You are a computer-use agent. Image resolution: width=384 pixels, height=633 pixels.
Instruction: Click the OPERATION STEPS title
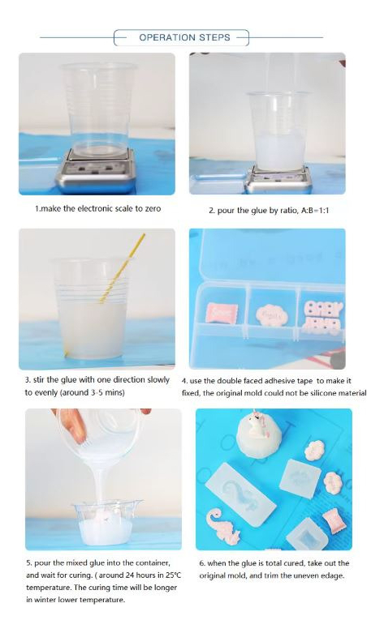pyautogui.click(x=184, y=37)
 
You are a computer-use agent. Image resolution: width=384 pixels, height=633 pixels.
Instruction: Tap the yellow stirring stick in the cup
pyautogui.click(x=122, y=268)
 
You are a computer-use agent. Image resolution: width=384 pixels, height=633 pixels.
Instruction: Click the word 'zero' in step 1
pyautogui.click(x=153, y=209)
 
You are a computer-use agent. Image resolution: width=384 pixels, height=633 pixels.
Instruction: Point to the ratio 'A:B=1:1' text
pyautogui.click(x=315, y=211)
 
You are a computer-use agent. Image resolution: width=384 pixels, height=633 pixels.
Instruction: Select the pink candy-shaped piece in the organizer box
pyautogui.click(x=222, y=313)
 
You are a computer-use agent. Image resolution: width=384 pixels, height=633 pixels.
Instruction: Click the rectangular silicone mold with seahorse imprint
pyautogui.click(x=240, y=494)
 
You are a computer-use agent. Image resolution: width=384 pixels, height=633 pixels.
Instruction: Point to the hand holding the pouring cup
pyautogui.click(x=72, y=424)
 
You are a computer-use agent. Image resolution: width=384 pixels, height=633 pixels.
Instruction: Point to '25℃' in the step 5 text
pyautogui.click(x=173, y=575)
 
